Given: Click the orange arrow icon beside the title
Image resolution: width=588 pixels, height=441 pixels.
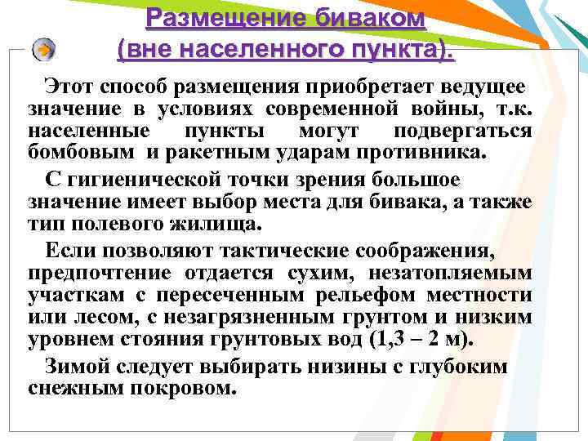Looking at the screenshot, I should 46,50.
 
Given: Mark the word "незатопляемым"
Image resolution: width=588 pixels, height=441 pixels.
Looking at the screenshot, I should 460,271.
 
